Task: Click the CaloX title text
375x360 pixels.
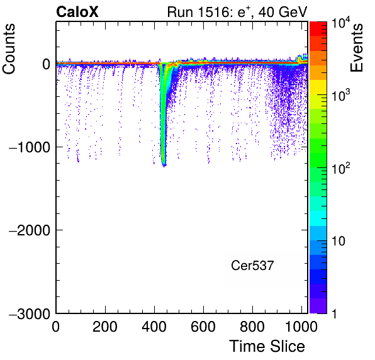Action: [77, 12]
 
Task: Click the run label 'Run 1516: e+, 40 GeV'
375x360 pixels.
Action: [237, 12]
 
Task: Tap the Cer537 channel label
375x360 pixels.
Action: [252, 266]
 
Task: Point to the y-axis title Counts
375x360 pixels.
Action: [9, 49]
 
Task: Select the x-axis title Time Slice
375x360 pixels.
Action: [267, 346]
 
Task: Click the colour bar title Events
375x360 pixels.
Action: [356, 48]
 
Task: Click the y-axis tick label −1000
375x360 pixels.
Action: [30, 147]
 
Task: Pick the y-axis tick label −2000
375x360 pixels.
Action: [30, 230]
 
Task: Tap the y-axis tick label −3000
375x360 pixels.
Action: [30, 314]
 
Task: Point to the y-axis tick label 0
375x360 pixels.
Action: [47, 64]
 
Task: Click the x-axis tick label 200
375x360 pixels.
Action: [105, 327]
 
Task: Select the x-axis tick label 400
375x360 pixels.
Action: [154, 327]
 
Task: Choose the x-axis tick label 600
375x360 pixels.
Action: [203, 327]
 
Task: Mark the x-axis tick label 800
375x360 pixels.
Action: [252, 327]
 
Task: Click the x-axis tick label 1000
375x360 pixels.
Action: [301, 327]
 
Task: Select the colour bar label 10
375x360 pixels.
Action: [339, 241]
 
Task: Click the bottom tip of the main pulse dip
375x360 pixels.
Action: [164, 167]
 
